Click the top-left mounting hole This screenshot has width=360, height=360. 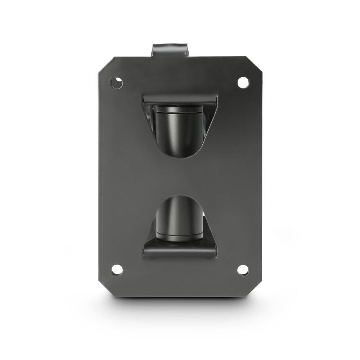(116, 83)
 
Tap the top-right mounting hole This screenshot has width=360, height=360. (243, 82)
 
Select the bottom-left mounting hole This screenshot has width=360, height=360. (117, 269)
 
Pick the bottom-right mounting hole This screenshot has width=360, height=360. (243, 270)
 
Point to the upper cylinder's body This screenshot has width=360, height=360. (179, 131)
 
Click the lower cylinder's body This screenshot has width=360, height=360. (179, 216)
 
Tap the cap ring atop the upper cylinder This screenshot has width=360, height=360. (179, 109)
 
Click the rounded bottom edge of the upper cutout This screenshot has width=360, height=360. (179, 157)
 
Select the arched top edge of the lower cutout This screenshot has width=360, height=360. (179, 196)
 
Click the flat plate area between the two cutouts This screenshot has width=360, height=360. (180, 176)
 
